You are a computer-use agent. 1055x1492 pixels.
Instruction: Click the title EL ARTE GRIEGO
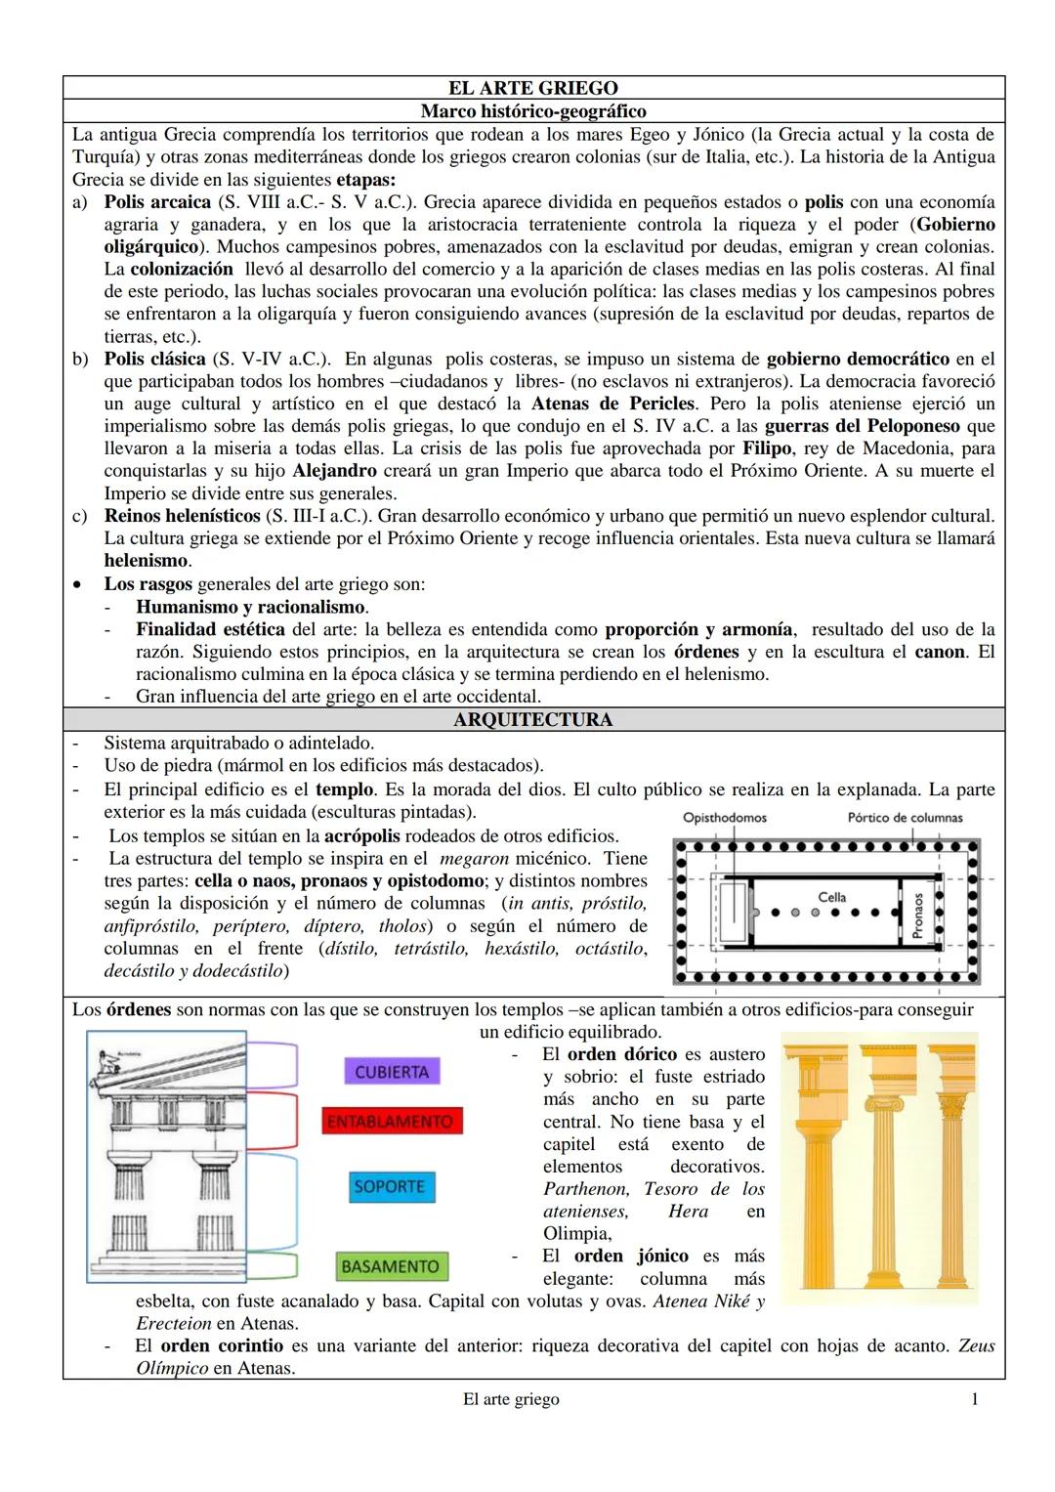pos(533,89)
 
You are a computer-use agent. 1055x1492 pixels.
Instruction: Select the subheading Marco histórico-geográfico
pos(533,111)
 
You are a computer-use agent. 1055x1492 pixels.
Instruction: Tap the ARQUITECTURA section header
pos(533,720)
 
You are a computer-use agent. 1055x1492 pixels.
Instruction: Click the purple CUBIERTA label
pos(392,1072)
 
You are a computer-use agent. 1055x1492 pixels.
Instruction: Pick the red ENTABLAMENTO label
pos(391,1122)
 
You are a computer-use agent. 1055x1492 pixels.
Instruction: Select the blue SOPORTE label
pos(390,1186)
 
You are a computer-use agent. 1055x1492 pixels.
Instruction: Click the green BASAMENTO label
pos(389,1266)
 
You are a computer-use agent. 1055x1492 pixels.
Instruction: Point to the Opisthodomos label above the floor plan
pos(725,818)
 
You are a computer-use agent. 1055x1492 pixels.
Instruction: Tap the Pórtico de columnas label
pos(905,818)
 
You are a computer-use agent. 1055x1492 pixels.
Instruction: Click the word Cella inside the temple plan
pos(832,896)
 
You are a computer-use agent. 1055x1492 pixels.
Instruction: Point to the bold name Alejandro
pos(335,471)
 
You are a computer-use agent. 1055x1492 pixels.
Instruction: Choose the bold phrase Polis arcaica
pos(157,202)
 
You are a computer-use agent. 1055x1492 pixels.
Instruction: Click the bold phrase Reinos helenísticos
pos(183,515)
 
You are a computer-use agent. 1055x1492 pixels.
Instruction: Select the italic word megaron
pos(475,859)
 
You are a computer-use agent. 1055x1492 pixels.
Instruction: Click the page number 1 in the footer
pos(975,1399)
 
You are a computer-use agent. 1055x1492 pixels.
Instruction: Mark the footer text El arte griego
pos(511,1399)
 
